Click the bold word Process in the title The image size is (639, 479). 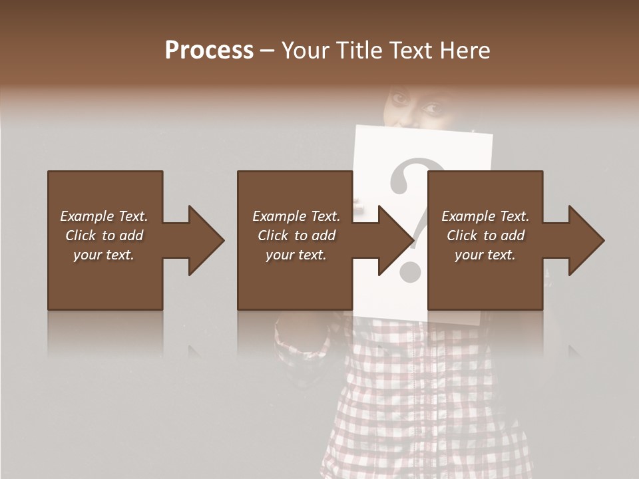209,51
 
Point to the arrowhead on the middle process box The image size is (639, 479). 395,240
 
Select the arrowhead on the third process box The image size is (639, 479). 586,240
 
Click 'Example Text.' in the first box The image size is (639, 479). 104,216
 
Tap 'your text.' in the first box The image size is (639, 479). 104,255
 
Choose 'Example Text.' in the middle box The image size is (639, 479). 296,216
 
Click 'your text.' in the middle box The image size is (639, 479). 296,255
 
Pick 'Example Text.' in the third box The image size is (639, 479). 485,216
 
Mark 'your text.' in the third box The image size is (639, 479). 485,255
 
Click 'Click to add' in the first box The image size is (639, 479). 104,236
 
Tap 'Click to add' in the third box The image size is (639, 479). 485,236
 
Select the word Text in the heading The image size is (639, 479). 407,51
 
